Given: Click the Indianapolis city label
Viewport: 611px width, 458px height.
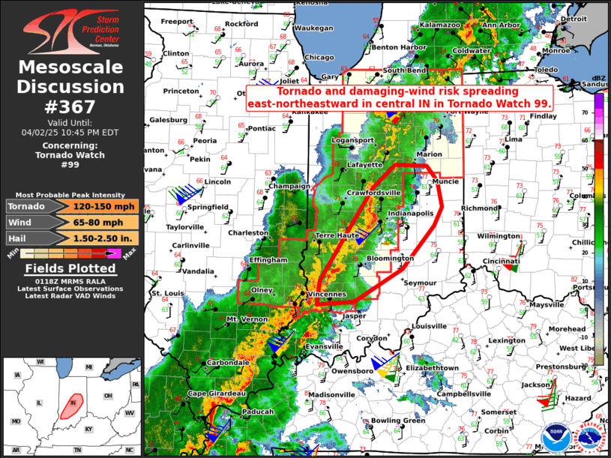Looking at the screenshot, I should point(410,214).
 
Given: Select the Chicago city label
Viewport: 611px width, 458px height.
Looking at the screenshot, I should point(319,57).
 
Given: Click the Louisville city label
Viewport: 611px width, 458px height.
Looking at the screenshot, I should point(429,327).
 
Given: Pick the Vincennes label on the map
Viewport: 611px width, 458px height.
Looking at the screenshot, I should point(326,294).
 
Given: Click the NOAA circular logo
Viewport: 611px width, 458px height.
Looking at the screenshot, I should point(556,438).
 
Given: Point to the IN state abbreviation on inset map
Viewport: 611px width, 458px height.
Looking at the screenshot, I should point(73,403).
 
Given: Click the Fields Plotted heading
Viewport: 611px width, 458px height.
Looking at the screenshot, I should point(71,268).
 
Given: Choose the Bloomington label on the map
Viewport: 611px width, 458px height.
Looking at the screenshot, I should point(390,259).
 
